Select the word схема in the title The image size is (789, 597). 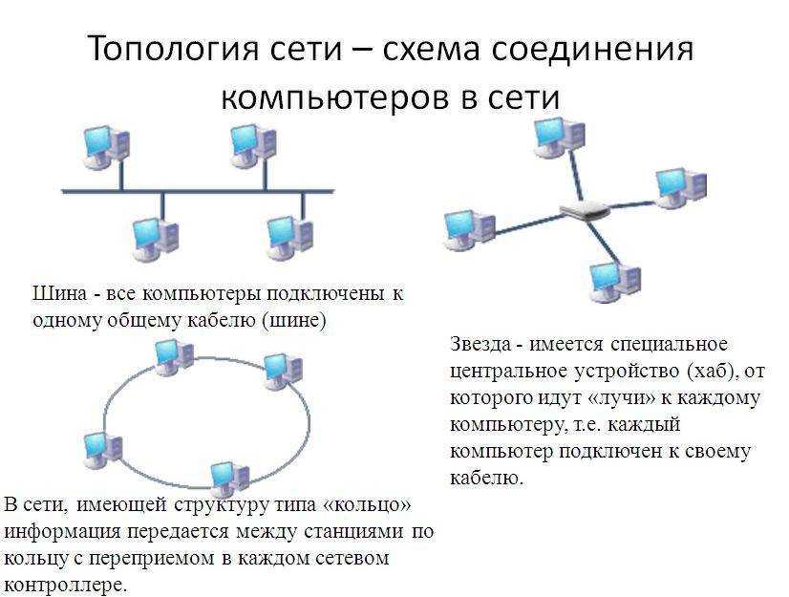click(430, 50)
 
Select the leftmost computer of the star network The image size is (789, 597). click(470, 229)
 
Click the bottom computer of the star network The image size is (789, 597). click(615, 282)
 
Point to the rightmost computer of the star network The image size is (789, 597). click(681, 188)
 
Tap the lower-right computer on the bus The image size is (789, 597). click(289, 237)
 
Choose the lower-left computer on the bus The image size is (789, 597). click(156, 240)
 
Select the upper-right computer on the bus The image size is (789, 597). click(253, 146)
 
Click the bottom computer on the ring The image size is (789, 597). click(229, 477)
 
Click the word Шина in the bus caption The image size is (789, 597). click(60, 293)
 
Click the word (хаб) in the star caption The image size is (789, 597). click(709, 372)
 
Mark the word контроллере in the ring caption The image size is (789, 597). click(64, 586)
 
